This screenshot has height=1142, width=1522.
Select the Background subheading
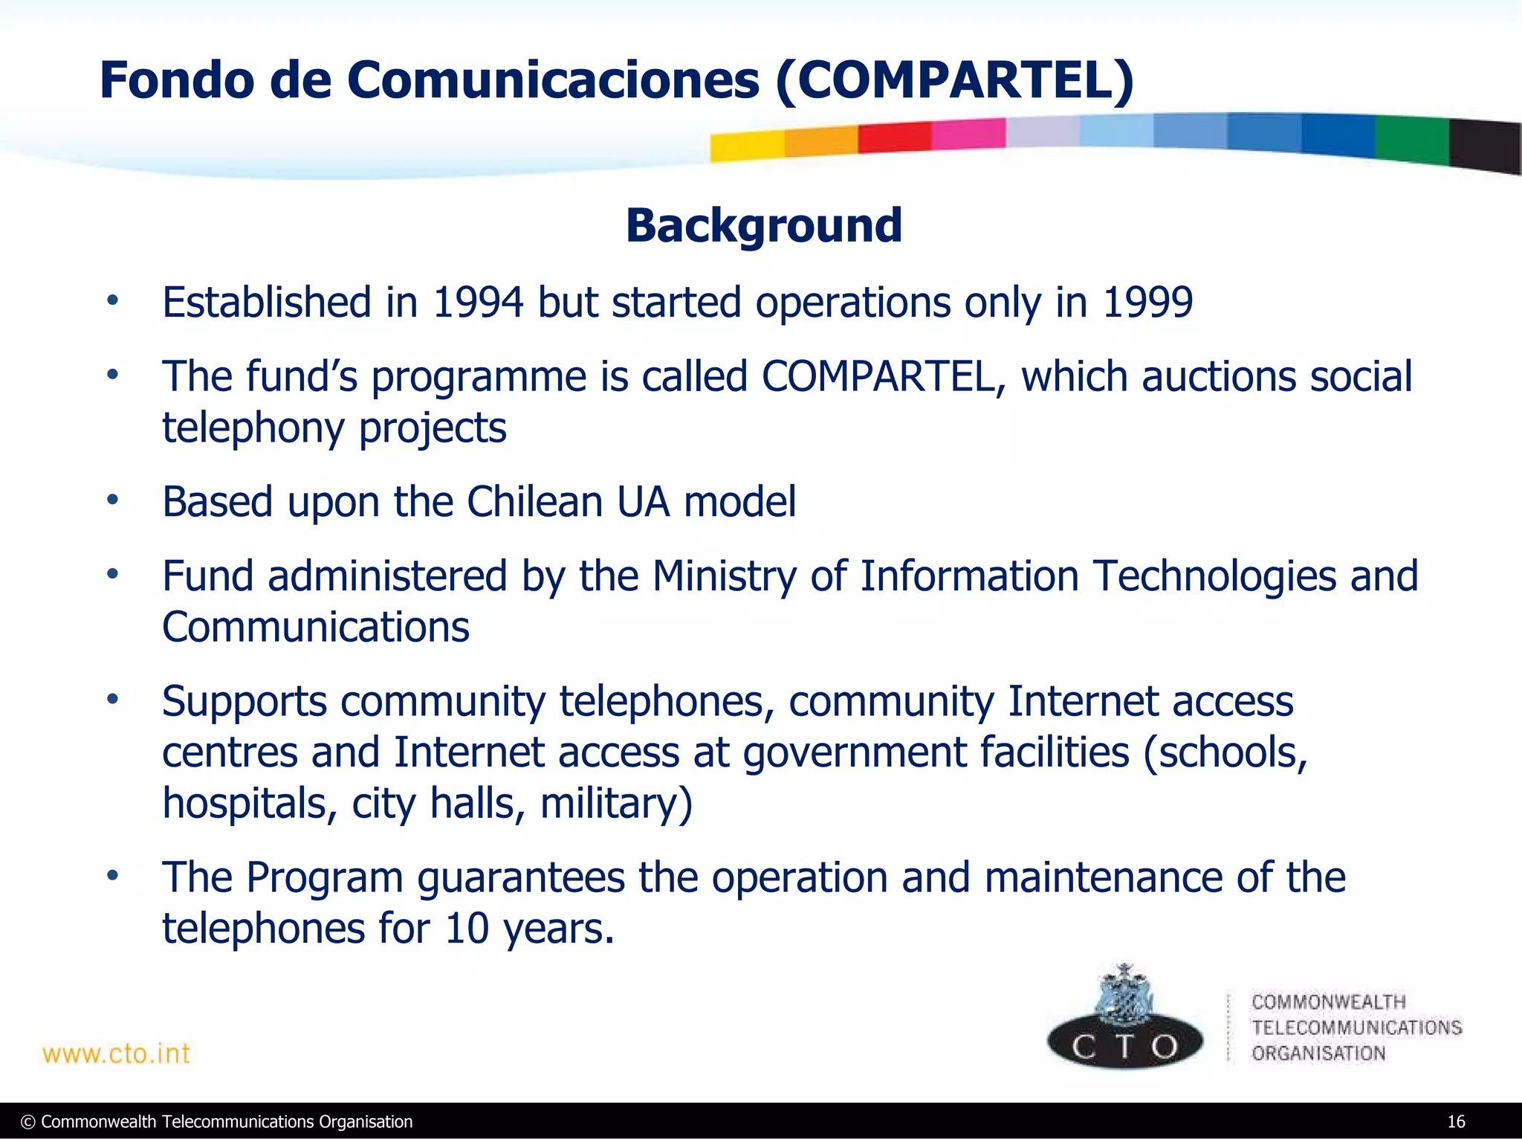[764, 225]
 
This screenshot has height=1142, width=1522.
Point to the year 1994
[478, 303]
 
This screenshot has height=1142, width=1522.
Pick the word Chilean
[534, 502]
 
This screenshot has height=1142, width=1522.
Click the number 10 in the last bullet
[467, 929]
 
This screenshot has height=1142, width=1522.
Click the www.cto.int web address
[117, 1054]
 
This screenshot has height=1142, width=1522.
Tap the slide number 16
[1456, 1122]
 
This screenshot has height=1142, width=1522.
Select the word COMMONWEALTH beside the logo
[1328, 1002]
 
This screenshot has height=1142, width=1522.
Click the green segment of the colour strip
[1411, 140]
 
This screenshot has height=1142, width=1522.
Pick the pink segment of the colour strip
[968, 135]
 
